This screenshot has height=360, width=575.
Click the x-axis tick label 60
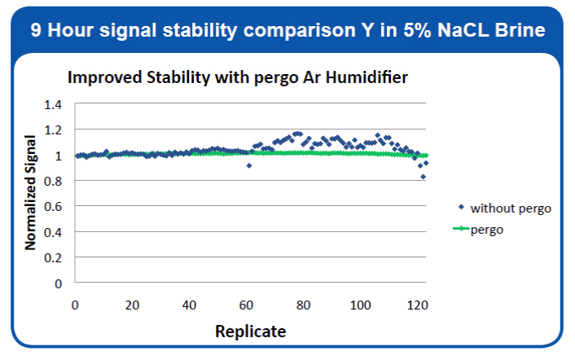247,305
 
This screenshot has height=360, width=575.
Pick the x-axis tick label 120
417,305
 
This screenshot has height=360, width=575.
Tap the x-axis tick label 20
132,305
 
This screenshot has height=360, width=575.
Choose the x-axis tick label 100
360,305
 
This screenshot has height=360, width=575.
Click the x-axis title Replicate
250,331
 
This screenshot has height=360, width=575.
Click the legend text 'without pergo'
511,209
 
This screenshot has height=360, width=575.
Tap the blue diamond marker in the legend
462,208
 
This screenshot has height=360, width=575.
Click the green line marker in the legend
460,229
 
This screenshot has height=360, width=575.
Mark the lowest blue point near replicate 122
424,177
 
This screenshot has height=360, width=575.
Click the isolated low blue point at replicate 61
249,165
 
